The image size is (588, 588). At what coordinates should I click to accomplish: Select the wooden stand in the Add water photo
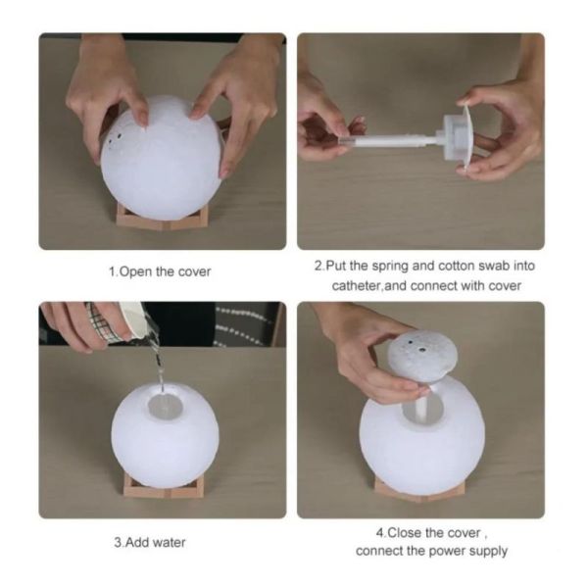(x=164, y=486)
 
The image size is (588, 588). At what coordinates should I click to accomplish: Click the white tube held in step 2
(x=390, y=141)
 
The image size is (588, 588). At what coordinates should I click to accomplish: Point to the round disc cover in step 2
(x=465, y=139)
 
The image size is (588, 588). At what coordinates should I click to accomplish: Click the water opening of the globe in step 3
(x=165, y=406)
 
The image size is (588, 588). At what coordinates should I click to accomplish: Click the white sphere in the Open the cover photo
(x=162, y=158)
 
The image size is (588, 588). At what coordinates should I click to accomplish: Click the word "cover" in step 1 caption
(x=194, y=271)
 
